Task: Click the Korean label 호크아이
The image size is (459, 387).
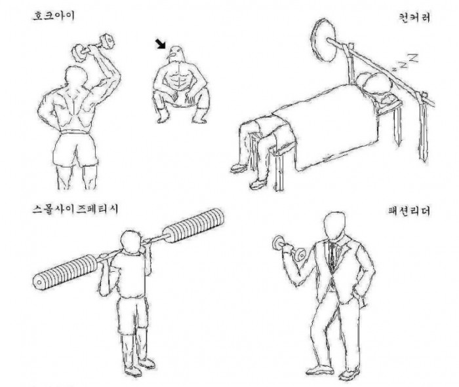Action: pyautogui.click(x=54, y=16)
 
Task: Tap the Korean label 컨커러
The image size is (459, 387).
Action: pyautogui.click(x=414, y=17)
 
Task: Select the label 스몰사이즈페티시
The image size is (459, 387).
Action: pyautogui.click(x=75, y=210)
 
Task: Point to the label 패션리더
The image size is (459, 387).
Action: pyautogui.click(x=409, y=211)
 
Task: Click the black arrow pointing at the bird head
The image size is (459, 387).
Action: pyautogui.click(x=161, y=44)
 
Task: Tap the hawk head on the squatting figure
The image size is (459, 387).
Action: pyautogui.click(x=175, y=54)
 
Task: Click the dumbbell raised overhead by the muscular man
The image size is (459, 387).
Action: pyautogui.click(x=93, y=48)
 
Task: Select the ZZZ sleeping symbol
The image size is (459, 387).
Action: pyautogui.click(x=405, y=62)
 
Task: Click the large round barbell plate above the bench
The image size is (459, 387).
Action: pyautogui.click(x=324, y=41)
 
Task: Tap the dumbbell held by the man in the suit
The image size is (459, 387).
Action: pyautogui.click(x=289, y=249)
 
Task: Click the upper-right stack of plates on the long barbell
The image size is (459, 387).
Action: pyautogui.click(x=193, y=225)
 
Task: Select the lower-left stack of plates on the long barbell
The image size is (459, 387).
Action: pyautogui.click(x=65, y=272)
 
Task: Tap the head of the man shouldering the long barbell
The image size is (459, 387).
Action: pyautogui.click(x=131, y=242)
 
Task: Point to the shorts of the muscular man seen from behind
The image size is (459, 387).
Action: pyautogui.click(x=75, y=149)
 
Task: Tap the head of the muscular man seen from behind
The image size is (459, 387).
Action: pyautogui.click(x=76, y=77)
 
